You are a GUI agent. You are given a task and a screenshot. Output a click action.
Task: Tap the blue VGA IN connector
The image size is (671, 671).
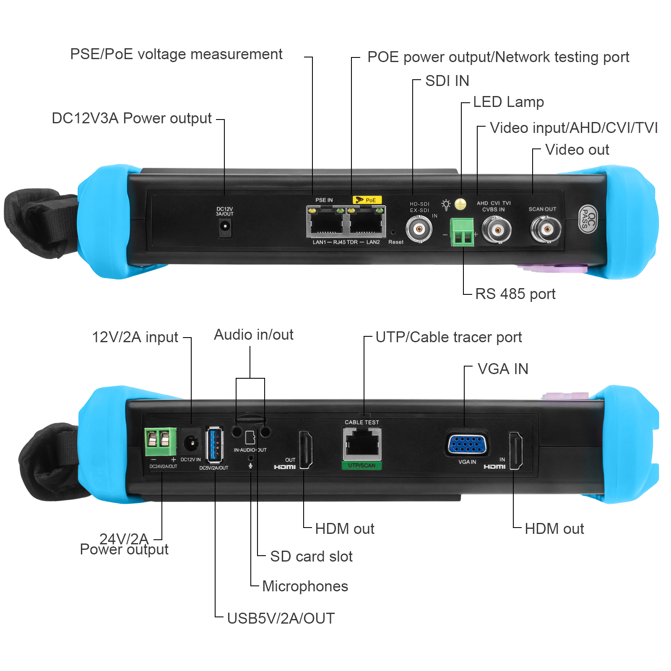pos(467,444)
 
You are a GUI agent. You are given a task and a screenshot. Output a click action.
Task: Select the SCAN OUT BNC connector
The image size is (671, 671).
pos(546,229)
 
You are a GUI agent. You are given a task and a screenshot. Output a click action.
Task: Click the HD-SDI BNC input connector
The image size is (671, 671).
pos(419,229)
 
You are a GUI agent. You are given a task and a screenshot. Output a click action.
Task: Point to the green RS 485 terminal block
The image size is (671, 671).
pos(462,232)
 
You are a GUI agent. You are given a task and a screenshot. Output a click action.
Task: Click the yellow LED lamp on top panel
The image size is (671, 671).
pos(460,204)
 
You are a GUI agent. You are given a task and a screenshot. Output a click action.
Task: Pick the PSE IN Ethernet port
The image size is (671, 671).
pos(325,222)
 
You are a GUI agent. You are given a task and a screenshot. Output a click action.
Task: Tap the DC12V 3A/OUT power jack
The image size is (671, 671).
pos(225,227)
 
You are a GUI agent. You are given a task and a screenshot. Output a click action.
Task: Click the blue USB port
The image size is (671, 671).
pos(214,445)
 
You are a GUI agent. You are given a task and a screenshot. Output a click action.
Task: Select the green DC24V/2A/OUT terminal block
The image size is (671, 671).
pos(161,442)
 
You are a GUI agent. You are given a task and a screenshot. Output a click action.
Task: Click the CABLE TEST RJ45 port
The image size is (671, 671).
pos(362,444)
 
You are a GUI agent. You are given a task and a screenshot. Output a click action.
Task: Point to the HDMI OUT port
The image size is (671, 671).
pos(306,450)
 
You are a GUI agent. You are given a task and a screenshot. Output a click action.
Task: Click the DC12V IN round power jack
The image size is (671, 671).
pos(191,442)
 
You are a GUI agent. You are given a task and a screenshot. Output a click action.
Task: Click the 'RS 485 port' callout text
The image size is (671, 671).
pos(515,294)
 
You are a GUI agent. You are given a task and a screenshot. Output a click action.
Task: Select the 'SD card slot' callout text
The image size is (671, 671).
pos(311,557)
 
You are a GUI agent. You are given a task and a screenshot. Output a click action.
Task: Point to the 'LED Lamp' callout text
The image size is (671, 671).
pos(508,102)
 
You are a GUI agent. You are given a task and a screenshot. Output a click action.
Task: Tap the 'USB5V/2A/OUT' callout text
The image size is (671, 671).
pos(281,619)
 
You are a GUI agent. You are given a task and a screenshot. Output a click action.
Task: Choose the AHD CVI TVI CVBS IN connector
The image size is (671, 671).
pos(497,230)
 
